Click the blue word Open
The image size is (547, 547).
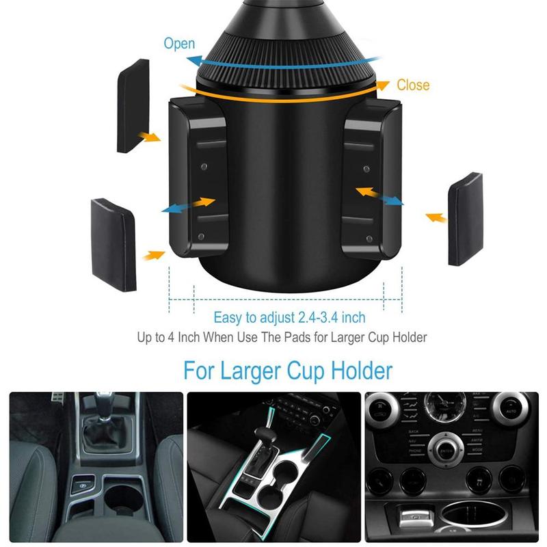179,44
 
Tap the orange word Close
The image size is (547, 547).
413,85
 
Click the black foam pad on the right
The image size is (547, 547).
466,219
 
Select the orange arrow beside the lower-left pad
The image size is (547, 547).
155,255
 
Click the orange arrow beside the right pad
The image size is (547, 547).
436,218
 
